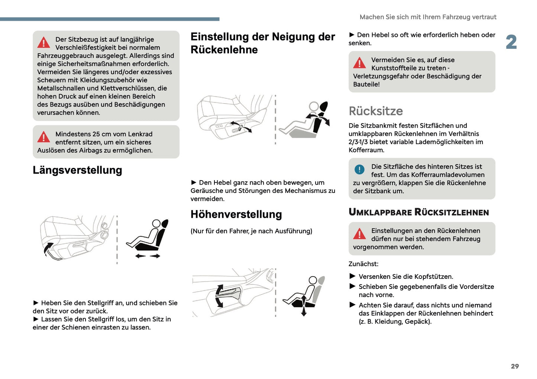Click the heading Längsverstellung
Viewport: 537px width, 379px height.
(x=77, y=170)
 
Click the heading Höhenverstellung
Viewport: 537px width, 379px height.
(x=236, y=214)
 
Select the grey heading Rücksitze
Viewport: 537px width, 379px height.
(x=375, y=111)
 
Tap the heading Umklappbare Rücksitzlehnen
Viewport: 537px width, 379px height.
(x=418, y=212)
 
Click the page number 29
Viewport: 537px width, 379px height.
(x=515, y=366)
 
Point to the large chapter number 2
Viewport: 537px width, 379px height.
(x=511, y=42)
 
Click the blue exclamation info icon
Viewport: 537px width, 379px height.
(x=359, y=169)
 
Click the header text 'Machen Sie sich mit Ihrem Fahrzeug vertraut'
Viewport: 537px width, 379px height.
(x=428, y=17)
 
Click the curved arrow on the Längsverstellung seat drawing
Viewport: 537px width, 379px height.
(x=48, y=250)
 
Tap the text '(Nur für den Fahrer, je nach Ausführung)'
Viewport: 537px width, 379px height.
(x=251, y=231)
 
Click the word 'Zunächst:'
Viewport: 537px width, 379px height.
(x=363, y=264)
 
